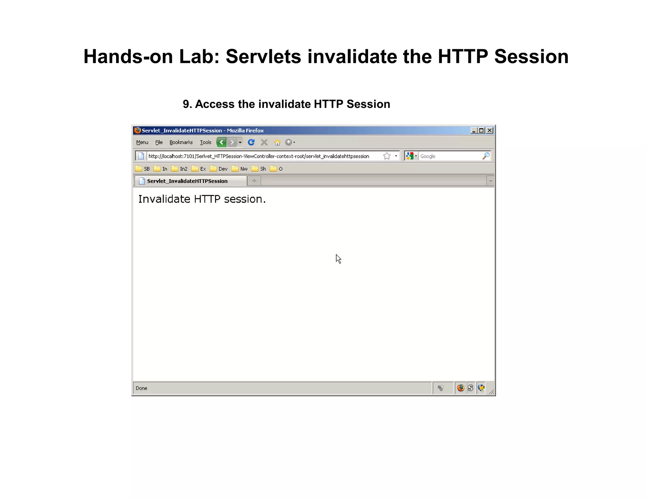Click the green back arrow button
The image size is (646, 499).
pyautogui.click(x=221, y=142)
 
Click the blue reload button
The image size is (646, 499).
pyautogui.click(x=251, y=142)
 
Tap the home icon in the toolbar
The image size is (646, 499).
pyautogui.click(x=277, y=143)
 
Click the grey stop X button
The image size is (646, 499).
pyautogui.click(x=264, y=142)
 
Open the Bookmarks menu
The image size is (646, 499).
pyautogui.click(x=181, y=142)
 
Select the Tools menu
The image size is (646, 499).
pyautogui.click(x=205, y=142)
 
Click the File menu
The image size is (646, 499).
pyautogui.click(x=159, y=142)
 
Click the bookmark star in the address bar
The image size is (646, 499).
pyautogui.click(x=387, y=156)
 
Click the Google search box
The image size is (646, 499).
pyautogui.click(x=449, y=156)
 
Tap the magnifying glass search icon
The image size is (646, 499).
pyautogui.click(x=486, y=156)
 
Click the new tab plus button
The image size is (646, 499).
pyautogui.click(x=254, y=181)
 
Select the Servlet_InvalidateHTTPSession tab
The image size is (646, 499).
pyautogui.click(x=187, y=181)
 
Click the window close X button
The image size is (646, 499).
pyautogui.click(x=490, y=130)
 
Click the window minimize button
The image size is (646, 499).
pyautogui.click(x=473, y=130)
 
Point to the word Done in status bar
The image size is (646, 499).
pyautogui.click(x=142, y=388)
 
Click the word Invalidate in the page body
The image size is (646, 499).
pyautogui.click(x=164, y=199)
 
